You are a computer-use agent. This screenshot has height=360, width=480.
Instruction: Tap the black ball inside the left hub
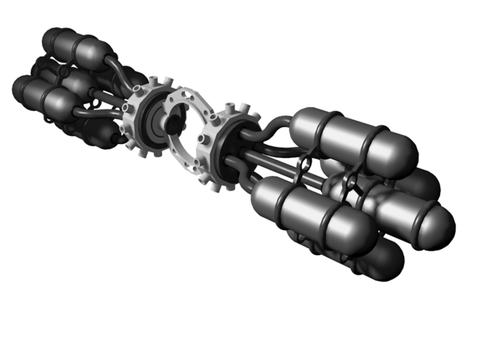[173, 125]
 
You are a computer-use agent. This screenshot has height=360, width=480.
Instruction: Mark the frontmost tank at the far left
[45, 96]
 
